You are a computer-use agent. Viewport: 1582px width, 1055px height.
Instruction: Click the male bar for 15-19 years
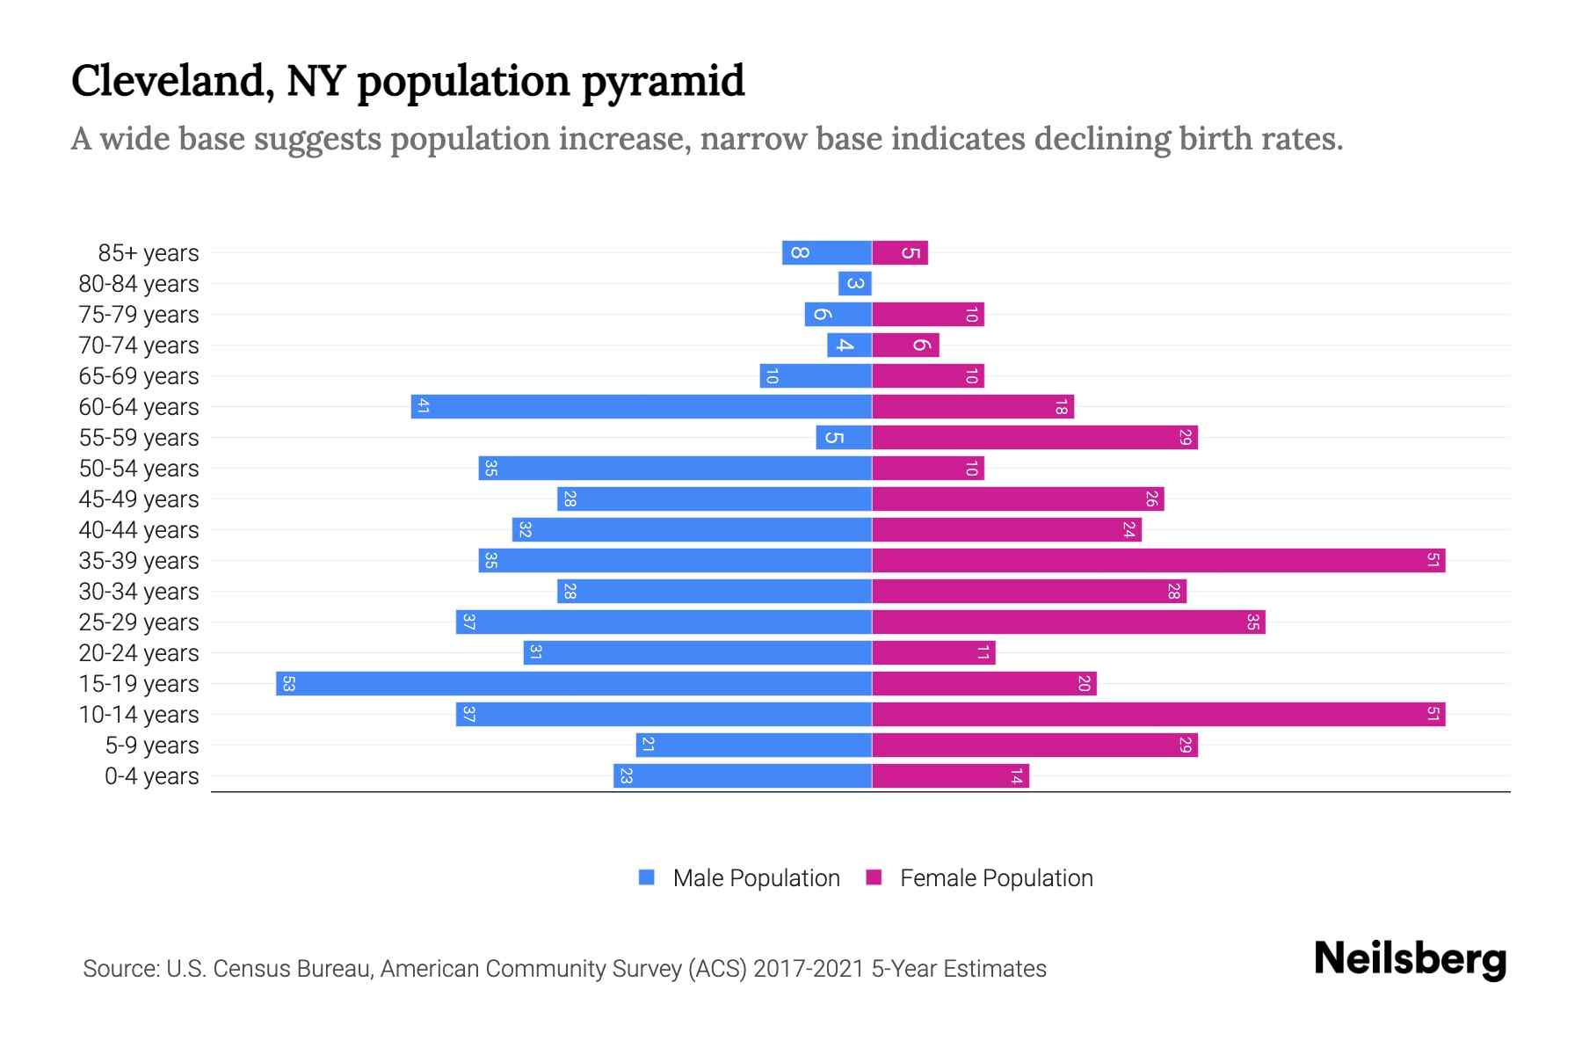click(x=573, y=683)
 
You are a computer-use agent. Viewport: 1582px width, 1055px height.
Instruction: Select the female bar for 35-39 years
click(x=1158, y=560)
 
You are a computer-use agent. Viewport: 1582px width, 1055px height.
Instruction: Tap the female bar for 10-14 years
click(x=1158, y=714)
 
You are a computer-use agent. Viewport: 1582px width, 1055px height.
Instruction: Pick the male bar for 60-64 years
click(x=642, y=406)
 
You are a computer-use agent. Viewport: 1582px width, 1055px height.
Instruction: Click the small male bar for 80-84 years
click(x=854, y=283)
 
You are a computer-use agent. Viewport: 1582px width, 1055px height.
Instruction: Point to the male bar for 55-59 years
click(x=844, y=437)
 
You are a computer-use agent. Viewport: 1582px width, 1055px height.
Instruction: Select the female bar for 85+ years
click(x=900, y=252)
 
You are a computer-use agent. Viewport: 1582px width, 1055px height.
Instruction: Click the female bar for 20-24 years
click(x=933, y=652)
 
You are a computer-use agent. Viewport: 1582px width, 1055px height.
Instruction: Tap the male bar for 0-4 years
click(x=743, y=775)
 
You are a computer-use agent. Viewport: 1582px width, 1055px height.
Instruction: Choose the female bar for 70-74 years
click(x=905, y=345)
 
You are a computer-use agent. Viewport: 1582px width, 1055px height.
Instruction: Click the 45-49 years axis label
click(x=139, y=498)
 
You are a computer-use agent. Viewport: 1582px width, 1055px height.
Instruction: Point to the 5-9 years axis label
click(x=152, y=745)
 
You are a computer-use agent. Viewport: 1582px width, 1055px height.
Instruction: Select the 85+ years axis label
click(x=149, y=252)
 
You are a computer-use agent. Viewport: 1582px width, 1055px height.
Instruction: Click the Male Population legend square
click(x=647, y=877)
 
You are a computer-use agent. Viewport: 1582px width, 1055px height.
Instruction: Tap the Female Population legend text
click(x=996, y=877)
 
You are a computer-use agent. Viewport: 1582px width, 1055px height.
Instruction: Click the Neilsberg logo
click(x=1410, y=958)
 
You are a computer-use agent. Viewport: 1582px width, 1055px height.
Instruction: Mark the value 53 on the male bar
click(x=288, y=683)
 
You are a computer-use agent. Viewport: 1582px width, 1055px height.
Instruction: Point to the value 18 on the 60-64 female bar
click(x=1061, y=406)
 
